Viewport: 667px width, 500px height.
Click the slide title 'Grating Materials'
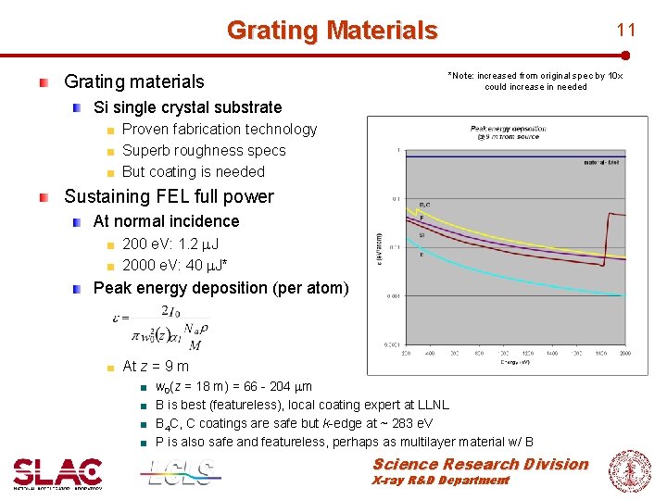pyautogui.click(x=332, y=31)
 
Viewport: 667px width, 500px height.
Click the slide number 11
pyautogui.click(x=627, y=30)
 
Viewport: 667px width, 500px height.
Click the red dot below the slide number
pyautogui.click(x=627, y=56)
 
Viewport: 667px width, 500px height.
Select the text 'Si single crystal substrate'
pyautogui.click(x=187, y=107)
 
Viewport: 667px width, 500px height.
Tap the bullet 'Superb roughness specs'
pyautogui.click(x=204, y=150)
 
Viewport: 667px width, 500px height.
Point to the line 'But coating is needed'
pyautogui.click(x=193, y=171)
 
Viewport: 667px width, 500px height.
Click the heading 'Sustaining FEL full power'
pyautogui.click(x=169, y=196)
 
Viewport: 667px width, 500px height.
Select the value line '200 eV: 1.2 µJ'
pyautogui.click(x=170, y=244)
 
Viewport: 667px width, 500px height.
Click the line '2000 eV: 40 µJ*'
pyautogui.click(x=175, y=266)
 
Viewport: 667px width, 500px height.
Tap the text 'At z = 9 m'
pyautogui.click(x=156, y=366)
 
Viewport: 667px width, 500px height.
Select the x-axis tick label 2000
pyautogui.click(x=624, y=353)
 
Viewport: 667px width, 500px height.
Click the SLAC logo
pyautogui.click(x=57, y=472)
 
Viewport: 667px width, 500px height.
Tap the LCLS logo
pyautogui.click(x=182, y=472)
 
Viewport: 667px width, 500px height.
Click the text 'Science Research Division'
pyautogui.click(x=480, y=464)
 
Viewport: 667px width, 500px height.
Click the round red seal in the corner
pyautogui.click(x=630, y=470)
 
